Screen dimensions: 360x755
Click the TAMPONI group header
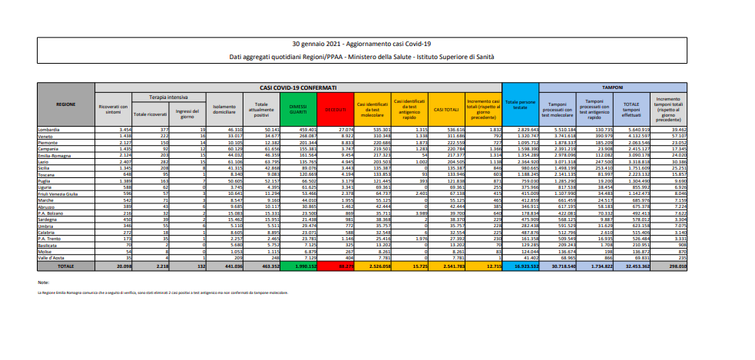pyautogui.click(x=612, y=88)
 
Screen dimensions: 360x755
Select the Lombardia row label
pyautogui.click(x=52, y=131)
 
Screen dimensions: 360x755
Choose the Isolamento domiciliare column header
pyautogui.click(x=224, y=109)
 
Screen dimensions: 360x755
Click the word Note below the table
pyautogui.click(x=43, y=283)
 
